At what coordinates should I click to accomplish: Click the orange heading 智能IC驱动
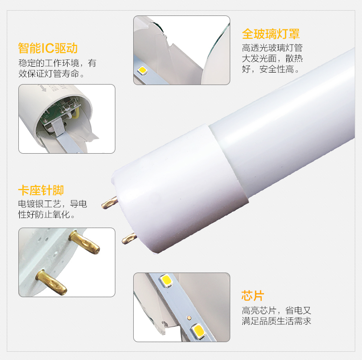tap(48, 48)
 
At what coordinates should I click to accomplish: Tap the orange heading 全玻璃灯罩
tap(271, 34)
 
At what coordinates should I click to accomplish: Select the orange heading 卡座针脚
tap(41, 190)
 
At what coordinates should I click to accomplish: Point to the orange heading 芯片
tap(252, 296)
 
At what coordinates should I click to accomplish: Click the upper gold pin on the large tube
tap(110, 203)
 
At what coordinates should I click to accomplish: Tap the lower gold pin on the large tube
tap(129, 238)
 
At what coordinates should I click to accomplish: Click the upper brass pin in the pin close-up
tap(84, 242)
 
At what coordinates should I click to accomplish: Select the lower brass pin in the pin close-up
tap(51, 282)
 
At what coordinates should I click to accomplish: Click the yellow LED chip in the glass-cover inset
tap(142, 70)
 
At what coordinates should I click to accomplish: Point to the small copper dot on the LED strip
tap(189, 317)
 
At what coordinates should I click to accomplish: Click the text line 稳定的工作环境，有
tap(57, 63)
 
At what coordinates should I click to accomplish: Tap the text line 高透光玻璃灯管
tap(272, 48)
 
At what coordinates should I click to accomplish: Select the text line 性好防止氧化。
tap(47, 215)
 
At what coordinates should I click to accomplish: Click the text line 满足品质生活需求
tap(277, 321)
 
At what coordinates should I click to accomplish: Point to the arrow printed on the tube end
tap(43, 88)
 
